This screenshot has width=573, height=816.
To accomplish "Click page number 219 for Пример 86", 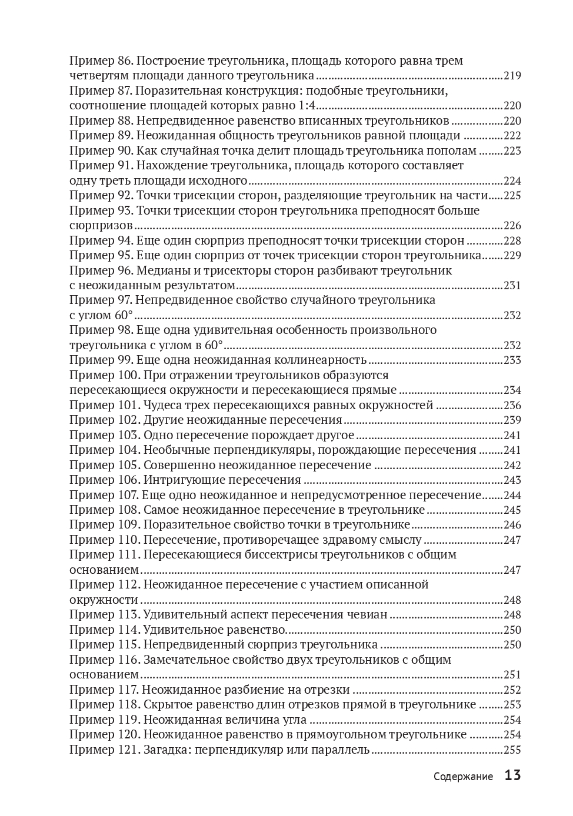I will pos(512,76).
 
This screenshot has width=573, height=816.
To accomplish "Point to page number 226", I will pos(512,226).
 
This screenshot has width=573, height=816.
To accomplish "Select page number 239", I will pos(512,420).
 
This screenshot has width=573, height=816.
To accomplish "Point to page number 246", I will pos(512,525).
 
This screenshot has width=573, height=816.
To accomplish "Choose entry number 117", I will pos(129,690).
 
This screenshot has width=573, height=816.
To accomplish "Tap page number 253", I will pos(512,705).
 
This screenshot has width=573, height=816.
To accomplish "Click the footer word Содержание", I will pos(463,777).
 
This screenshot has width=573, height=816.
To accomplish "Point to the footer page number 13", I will pos(512,775).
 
